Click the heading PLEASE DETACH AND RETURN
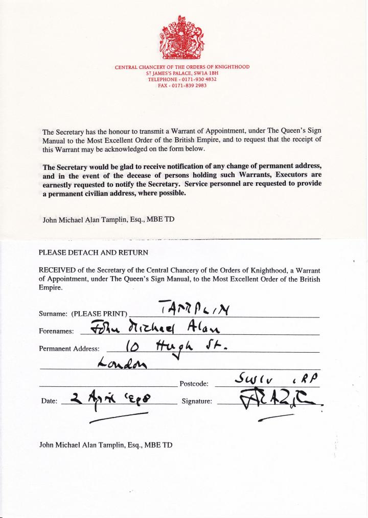coord(94,253)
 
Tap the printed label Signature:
coord(197,401)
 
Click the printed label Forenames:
coord(57,331)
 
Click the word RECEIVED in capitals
coord(58,270)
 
